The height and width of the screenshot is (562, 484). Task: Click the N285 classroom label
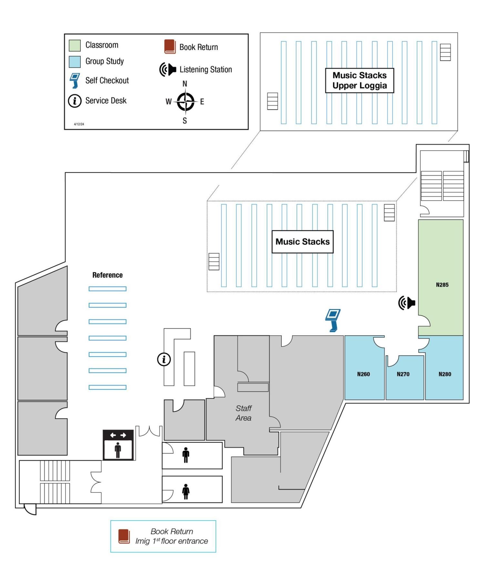tap(442, 285)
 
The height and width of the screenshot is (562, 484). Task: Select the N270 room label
tap(403, 374)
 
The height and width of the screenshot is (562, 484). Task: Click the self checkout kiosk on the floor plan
tap(333, 320)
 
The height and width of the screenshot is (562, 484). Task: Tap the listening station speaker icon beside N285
tap(407, 303)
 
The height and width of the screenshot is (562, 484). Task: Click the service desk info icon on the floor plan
tap(164, 359)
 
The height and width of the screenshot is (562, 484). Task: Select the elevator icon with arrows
tap(118, 445)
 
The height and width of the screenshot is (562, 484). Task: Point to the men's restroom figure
tap(186, 455)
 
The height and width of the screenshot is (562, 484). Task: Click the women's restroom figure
tap(186, 491)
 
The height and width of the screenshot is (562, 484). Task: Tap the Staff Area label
tap(244, 413)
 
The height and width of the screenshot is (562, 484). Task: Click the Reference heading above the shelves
tap(107, 275)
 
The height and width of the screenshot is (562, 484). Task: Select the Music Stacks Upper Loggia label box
tap(359, 80)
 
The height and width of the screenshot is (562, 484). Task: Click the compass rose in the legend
tap(185, 102)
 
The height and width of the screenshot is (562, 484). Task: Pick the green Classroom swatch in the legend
tap(75, 45)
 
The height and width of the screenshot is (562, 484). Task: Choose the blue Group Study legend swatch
tap(75, 62)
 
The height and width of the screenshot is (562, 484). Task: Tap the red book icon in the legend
tap(170, 47)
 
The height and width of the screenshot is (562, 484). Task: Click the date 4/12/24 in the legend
tap(79, 124)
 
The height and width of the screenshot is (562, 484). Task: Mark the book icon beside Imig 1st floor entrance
tap(124, 536)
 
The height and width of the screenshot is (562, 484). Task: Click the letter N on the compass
tap(185, 84)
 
